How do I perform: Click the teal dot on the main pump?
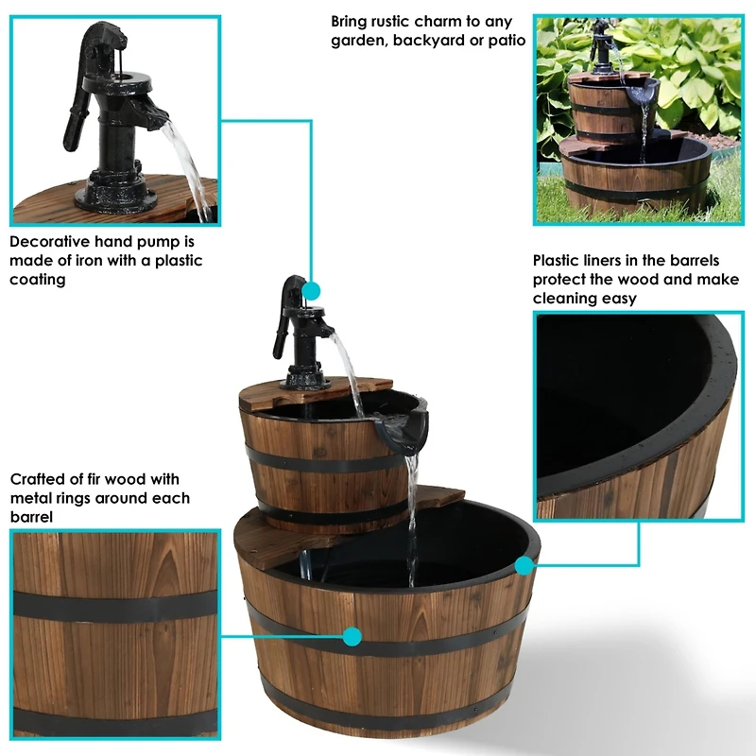click(x=312, y=291)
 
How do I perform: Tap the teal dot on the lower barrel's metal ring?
click(x=352, y=637)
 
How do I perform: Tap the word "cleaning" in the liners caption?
click(x=569, y=299)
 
